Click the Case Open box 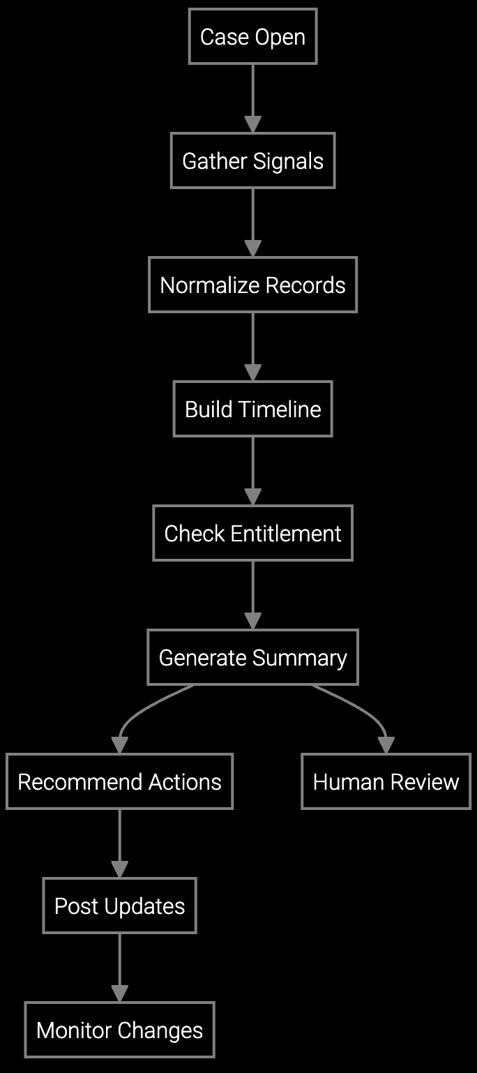coord(252,36)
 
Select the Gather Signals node coord(252,160)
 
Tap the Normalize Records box coord(252,285)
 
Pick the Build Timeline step coord(252,409)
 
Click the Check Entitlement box coord(252,533)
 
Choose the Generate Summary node coord(252,657)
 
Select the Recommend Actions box coord(119,781)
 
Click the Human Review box coord(386,781)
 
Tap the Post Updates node coord(119,906)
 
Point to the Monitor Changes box coord(119,1030)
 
